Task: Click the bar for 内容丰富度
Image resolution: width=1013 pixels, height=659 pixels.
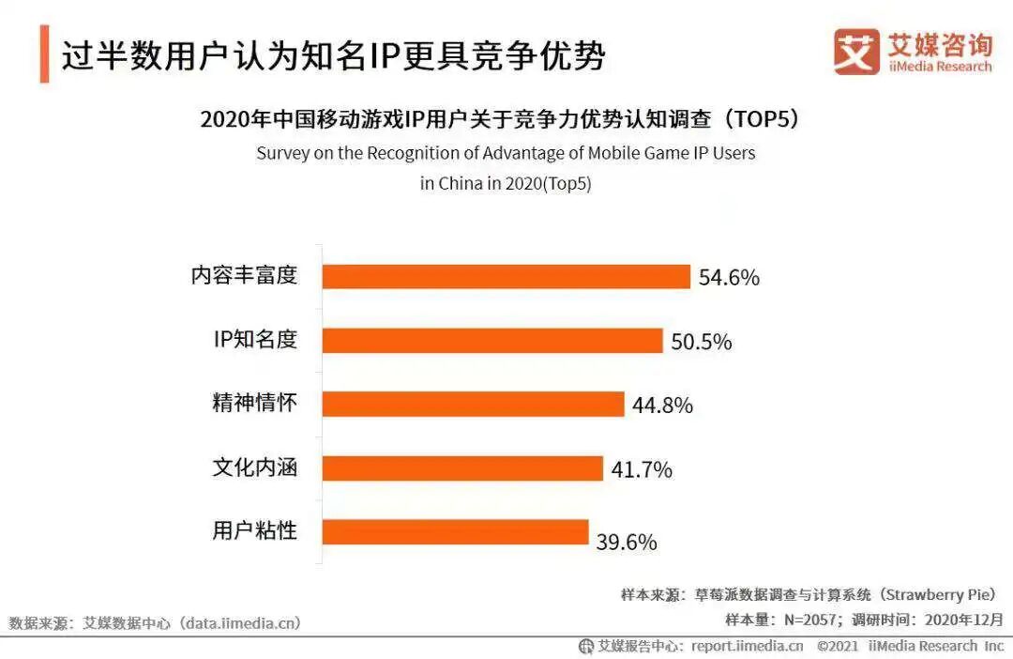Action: pos(506,276)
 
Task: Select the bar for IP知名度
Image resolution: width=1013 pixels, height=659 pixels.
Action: pos(492,340)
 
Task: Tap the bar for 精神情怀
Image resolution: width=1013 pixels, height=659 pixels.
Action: pos(474,404)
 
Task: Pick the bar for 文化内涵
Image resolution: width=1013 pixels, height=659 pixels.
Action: pos(462,467)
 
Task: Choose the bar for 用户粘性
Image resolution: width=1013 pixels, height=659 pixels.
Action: pos(455,531)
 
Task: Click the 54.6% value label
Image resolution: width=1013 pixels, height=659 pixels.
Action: pos(729,278)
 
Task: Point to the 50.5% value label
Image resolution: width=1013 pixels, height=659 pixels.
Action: pos(701,342)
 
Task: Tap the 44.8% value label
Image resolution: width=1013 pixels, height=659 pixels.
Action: pos(662,406)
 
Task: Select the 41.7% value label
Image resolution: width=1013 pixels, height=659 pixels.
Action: pos(642,469)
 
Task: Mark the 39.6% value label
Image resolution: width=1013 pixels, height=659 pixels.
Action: pos(627,543)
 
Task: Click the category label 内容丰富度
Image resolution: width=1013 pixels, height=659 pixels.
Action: pos(244,276)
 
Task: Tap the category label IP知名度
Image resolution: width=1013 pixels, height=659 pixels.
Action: pos(255,340)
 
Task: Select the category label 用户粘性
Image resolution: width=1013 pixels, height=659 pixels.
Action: pos(254,531)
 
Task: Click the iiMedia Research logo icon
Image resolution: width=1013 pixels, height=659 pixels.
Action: pos(856,52)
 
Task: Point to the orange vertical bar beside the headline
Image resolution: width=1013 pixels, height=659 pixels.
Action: pos(44,55)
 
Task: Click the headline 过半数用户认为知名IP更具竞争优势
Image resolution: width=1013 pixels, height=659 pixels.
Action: pos(334,55)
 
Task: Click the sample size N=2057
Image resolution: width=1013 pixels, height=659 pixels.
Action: pos(809,620)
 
